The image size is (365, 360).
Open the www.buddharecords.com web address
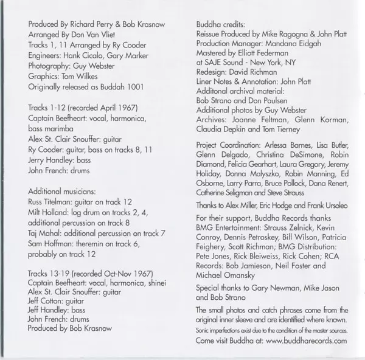(x=307, y=342)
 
